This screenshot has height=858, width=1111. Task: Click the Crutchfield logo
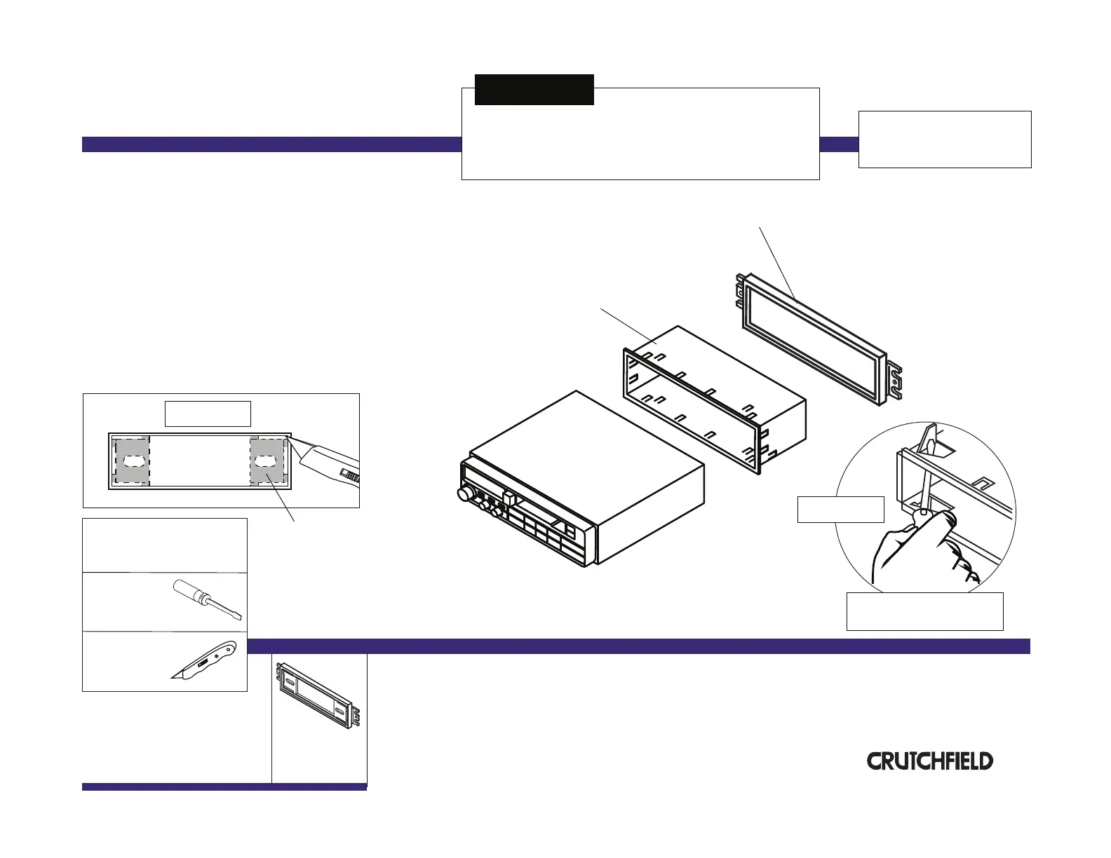click(930, 761)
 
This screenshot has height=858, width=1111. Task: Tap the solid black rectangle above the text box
click(534, 90)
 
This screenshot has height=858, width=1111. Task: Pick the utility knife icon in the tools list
click(205, 660)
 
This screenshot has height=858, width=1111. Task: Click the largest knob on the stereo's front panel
click(464, 495)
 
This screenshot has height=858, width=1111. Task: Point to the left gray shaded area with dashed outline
click(132, 461)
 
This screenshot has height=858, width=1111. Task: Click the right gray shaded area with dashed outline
click(268, 461)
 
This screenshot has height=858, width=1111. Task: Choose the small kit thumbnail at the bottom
click(319, 698)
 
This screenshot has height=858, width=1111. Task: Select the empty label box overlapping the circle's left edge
click(840, 509)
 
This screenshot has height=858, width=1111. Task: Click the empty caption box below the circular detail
click(924, 611)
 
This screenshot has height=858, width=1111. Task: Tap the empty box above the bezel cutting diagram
click(208, 414)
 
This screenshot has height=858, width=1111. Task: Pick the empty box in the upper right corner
click(944, 139)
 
